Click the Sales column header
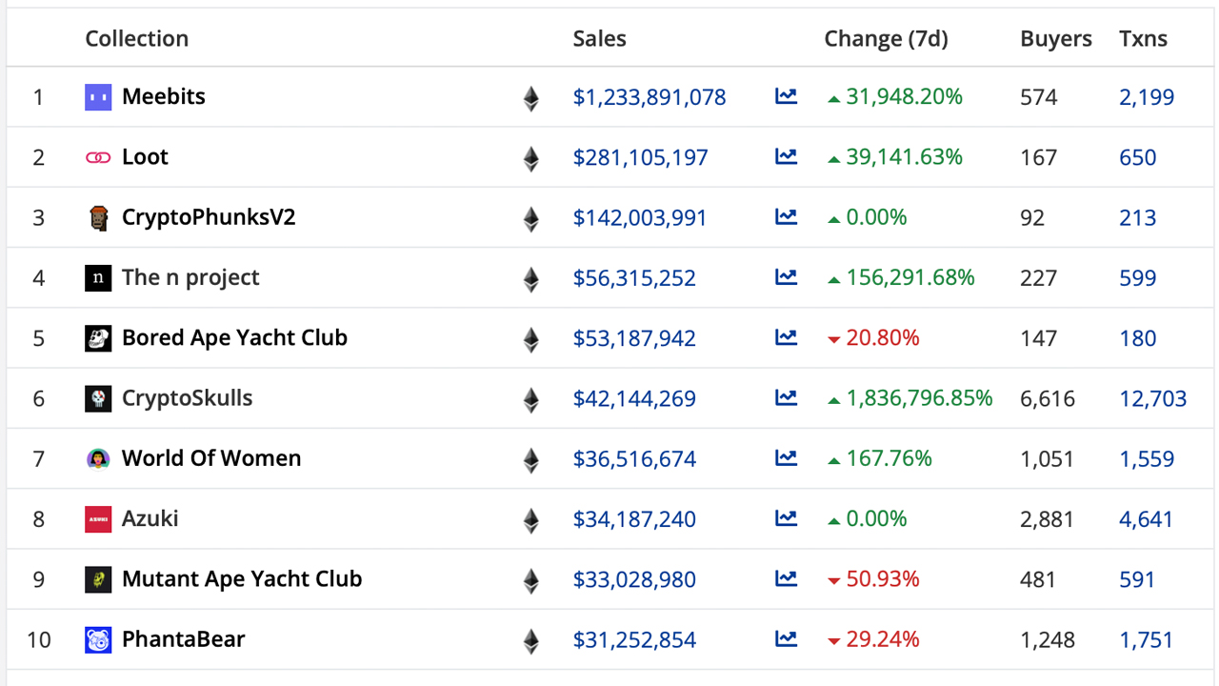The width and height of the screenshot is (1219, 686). (x=599, y=39)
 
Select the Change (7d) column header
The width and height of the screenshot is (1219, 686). (x=886, y=39)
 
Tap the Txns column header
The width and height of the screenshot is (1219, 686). (x=1143, y=39)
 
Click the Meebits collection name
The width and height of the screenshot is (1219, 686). (x=163, y=96)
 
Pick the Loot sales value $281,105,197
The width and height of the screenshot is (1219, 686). (x=640, y=157)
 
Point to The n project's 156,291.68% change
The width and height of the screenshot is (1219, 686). (x=909, y=278)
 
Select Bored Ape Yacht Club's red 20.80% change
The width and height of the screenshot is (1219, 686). (x=882, y=338)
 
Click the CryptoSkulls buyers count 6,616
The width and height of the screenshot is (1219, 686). (x=1049, y=398)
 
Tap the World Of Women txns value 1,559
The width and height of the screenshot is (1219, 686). (x=1147, y=459)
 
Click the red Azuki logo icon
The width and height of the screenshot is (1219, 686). (x=98, y=519)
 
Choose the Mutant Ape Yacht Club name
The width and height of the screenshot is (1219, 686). (x=242, y=579)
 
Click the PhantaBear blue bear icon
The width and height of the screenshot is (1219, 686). (x=98, y=640)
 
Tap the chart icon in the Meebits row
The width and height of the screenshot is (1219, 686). (x=786, y=96)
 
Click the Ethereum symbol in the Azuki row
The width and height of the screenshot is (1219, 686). (x=530, y=520)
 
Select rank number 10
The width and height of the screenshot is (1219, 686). (x=39, y=639)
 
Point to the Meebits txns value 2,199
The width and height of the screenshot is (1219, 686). (x=1147, y=97)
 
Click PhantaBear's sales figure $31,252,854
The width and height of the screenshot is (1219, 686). (x=634, y=640)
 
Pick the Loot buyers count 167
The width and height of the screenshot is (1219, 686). (x=1038, y=157)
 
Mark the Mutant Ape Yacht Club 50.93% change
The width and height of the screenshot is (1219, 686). (x=882, y=579)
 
